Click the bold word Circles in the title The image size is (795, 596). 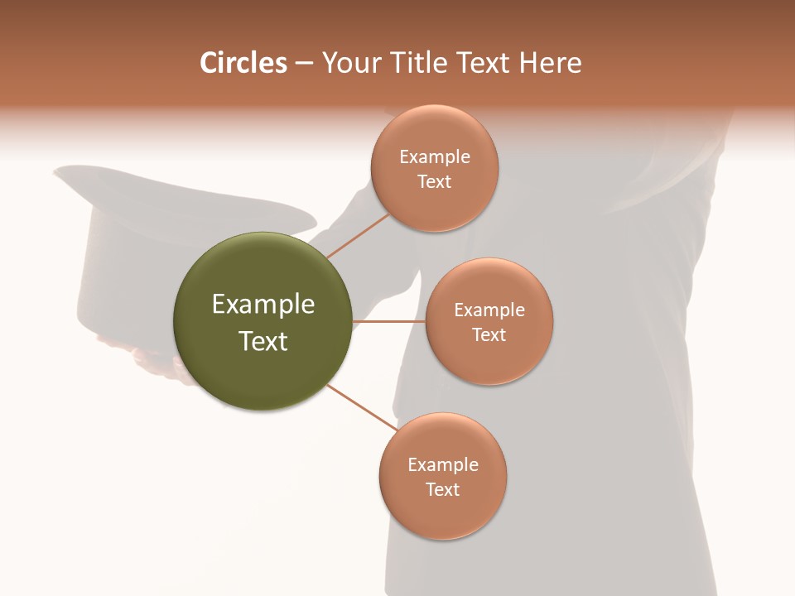(x=243, y=63)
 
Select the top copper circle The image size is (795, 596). (x=435, y=203)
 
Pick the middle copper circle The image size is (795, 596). (x=489, y=360)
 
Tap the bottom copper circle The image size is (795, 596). (x=443, y=513)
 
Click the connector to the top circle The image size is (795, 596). (x=358, y=235)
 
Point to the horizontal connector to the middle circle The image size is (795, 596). (x=389, y=321)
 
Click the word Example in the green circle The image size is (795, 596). (x=263, y=305)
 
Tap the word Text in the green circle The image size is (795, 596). (x=263, y=341)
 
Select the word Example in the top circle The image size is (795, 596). (x=435, y=157)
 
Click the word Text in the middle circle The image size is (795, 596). (x=489, y=335)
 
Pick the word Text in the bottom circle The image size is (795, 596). (x=443, y=490)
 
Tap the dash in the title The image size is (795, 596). (x=304, y=64)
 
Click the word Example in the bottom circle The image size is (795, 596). (x=443, y=465)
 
